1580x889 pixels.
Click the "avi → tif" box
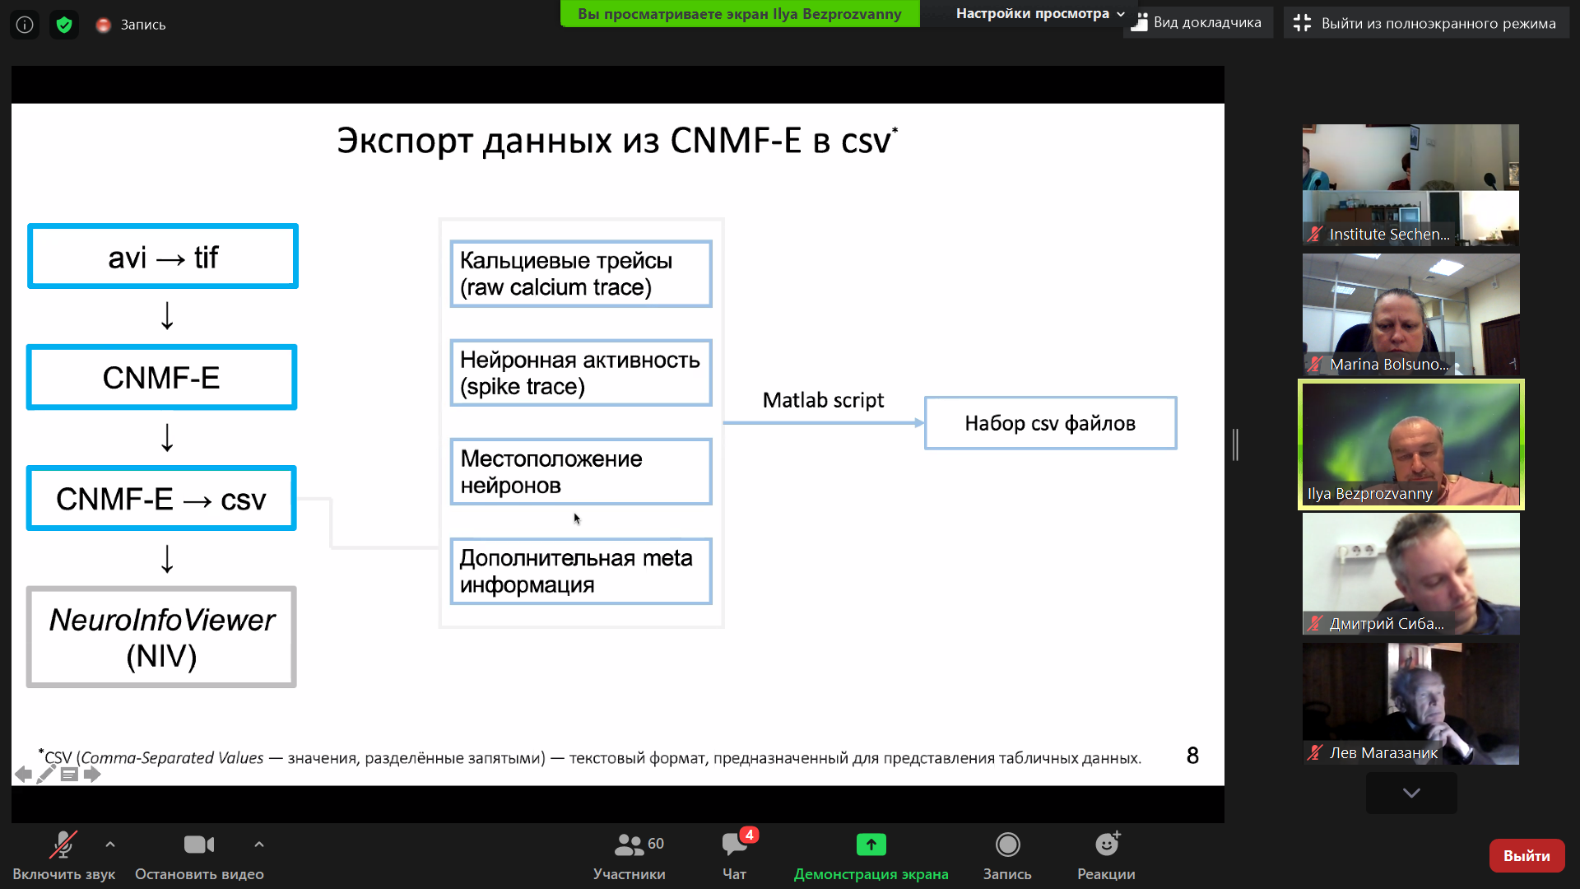163,256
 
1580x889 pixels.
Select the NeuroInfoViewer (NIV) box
161,637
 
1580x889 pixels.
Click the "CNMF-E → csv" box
161,499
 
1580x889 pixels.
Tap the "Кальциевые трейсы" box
581,274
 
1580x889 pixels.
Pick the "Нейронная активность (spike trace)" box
581,373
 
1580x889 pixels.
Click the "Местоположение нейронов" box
581,472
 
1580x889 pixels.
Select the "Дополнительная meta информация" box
581,571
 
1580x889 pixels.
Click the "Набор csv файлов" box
1051,423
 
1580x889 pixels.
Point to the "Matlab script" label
823,400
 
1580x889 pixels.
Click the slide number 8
1192,756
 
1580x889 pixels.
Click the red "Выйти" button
1527,856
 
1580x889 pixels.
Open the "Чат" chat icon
734,844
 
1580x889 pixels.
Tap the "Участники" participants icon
630,845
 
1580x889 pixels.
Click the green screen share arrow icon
871,845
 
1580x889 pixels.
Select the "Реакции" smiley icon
1107,844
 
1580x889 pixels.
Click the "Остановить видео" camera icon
199,845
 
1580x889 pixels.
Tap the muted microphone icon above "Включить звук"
63,845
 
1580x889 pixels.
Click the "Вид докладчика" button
1198,23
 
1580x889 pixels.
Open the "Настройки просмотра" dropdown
1039,14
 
